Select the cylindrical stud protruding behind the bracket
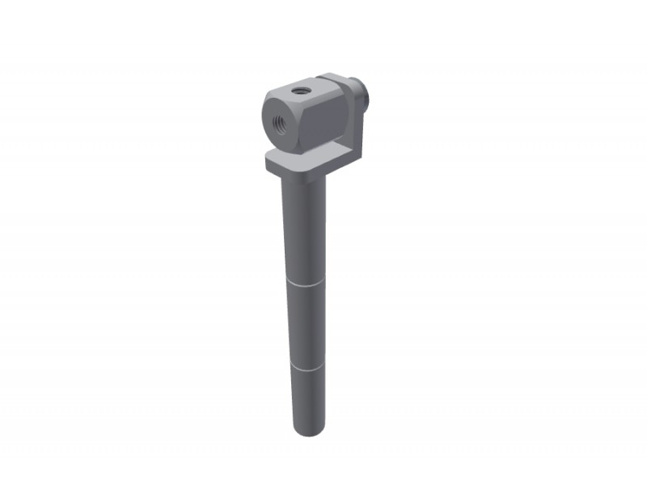point(365,91)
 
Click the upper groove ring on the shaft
point(306,285)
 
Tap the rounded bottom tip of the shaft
point(307,432)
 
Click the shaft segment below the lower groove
point(307,400)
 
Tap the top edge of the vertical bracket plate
point(336,78)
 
